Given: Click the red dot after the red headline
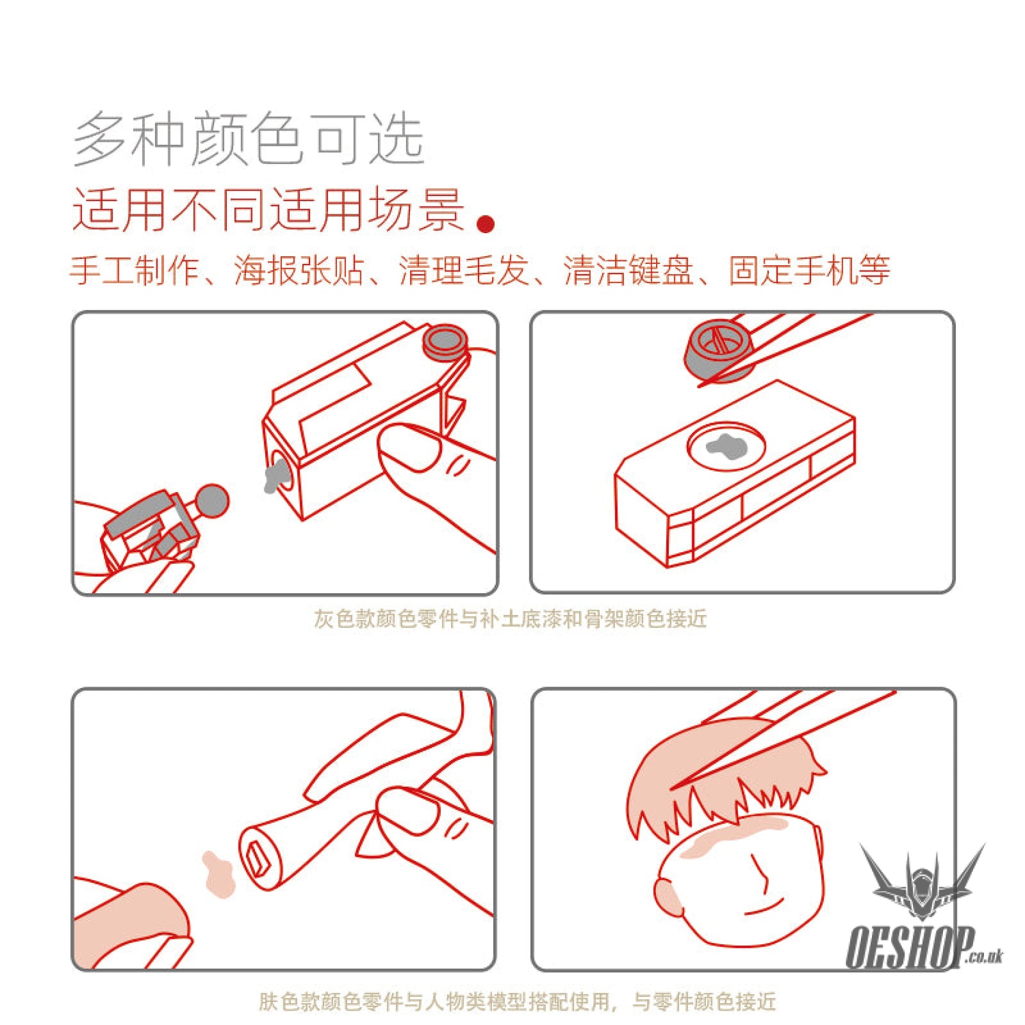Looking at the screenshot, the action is [486, 224].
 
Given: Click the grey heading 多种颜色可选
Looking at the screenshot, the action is [249, 139].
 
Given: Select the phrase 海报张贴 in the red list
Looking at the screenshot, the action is [299, 270].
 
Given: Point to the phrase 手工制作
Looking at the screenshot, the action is [135, 270].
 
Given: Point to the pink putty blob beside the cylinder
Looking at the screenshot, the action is [219, 874].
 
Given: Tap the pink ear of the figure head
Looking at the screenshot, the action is [668, 895].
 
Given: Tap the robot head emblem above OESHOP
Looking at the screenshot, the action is [922, 882].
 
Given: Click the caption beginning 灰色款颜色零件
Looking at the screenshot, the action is [510, 618].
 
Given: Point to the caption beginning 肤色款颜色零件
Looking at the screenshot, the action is [517, 1001].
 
